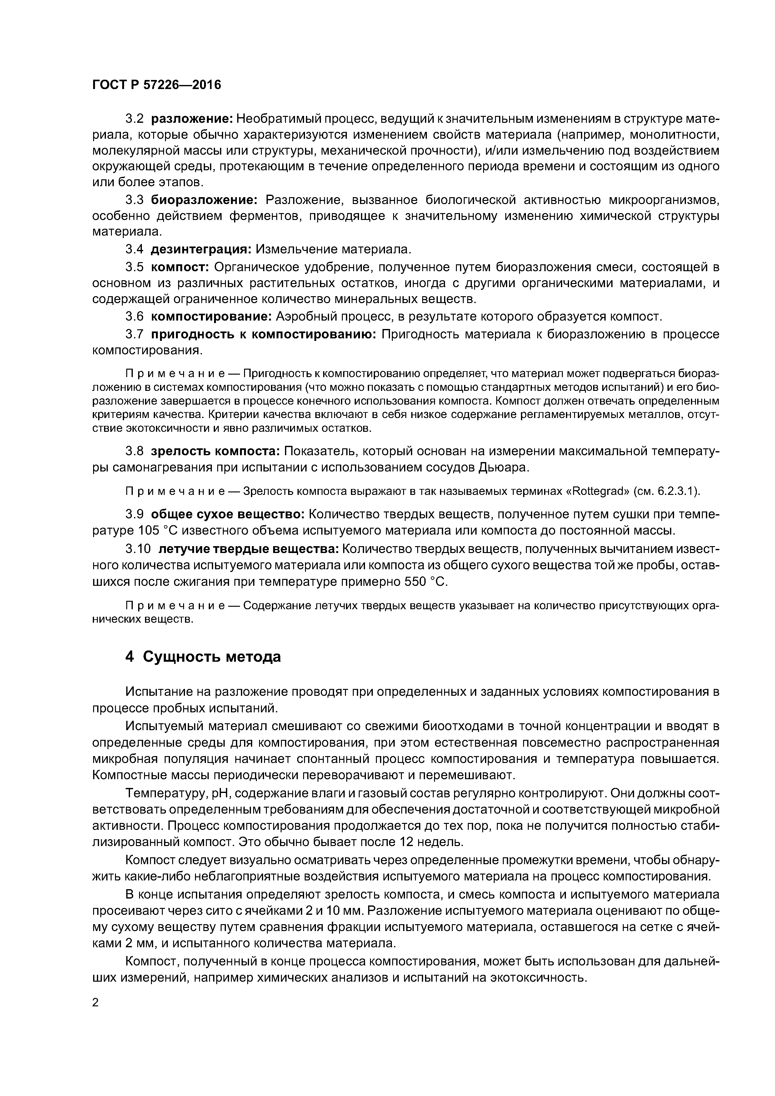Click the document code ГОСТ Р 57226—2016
[x=157, y=85]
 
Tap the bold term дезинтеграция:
[x=201, y=249]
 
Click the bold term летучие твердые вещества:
[x=248, y=549]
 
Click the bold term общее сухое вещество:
[x=228, y=514]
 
